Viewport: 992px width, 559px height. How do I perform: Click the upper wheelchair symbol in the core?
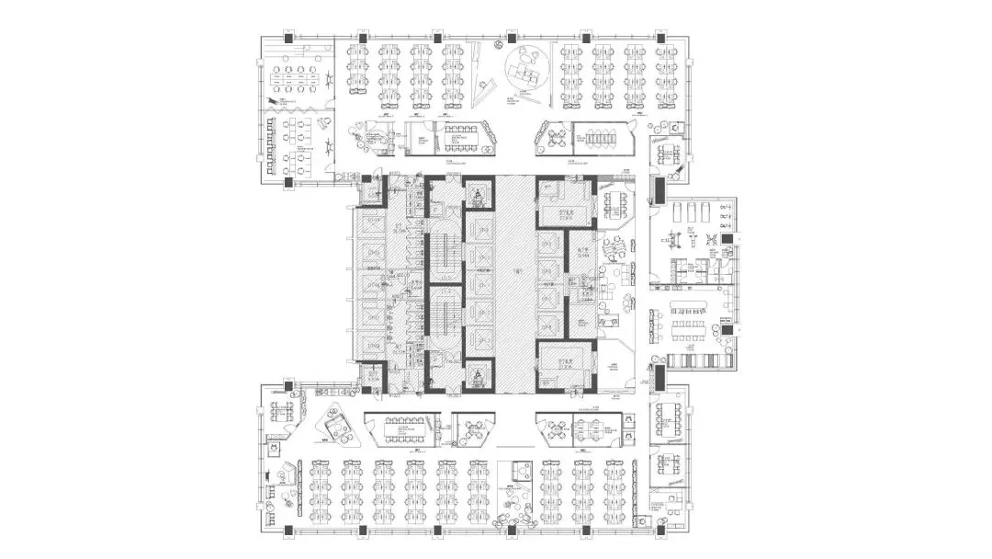coord(479,195)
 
